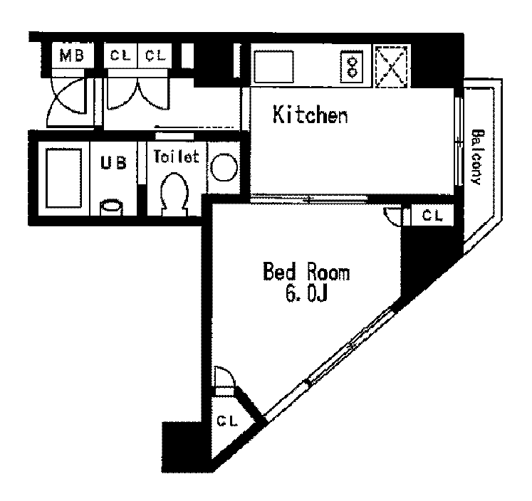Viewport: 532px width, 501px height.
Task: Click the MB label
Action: point(72,56)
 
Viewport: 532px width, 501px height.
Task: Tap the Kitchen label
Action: point(311,115)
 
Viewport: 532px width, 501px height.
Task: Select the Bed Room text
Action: point(306,271)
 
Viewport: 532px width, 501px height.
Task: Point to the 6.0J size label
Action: point(306,293)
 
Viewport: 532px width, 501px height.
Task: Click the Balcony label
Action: point(477,157)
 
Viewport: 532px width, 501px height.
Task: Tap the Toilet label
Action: point(176,157)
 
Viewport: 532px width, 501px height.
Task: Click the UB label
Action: point(114,163)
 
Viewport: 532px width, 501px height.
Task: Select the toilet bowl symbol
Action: point(174,194)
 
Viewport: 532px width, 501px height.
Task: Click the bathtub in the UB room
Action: point(64,178)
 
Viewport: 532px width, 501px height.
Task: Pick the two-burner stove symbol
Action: point(352,67)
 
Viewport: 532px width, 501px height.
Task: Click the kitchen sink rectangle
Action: point(273,66)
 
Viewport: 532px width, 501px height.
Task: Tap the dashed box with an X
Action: point(391,66)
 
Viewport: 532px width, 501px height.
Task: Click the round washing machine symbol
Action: point(224,167)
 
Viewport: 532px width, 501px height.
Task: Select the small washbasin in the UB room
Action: point(111,208)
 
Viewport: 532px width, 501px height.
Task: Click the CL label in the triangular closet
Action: point(227,421)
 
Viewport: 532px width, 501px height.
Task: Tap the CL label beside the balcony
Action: point(432,215)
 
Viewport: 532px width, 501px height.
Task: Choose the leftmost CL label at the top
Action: point(120,56)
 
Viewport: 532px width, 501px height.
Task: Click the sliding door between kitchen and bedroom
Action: point(309,199)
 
